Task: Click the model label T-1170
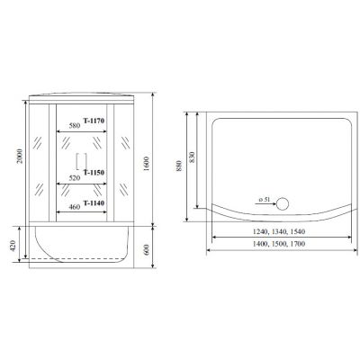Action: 94,121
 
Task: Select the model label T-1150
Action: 94,173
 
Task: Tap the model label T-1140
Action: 94,203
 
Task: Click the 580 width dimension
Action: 75,126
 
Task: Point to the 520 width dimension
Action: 75,178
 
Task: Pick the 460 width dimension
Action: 75,207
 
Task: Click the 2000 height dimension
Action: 20,156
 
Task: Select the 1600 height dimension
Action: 146,164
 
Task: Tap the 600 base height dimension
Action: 147,250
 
